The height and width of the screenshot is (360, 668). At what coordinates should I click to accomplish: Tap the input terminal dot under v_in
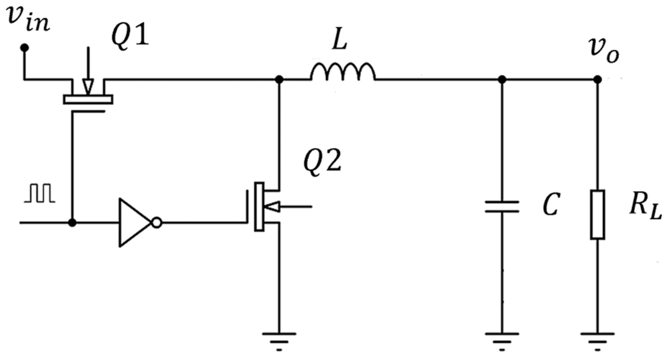coord(24,48)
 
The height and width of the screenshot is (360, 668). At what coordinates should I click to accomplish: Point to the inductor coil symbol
coord(343,73)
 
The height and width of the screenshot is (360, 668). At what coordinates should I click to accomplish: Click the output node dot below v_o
coord(597,80)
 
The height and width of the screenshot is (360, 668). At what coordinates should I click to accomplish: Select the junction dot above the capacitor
coord(502,80)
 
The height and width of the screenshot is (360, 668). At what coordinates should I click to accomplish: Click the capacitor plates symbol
coord(502,206)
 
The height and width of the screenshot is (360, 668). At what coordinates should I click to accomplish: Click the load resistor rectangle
coord(597,214)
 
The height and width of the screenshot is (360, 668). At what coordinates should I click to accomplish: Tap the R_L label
coord(645,208)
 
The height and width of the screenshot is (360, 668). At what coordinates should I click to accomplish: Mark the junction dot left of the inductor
coord(279,80)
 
